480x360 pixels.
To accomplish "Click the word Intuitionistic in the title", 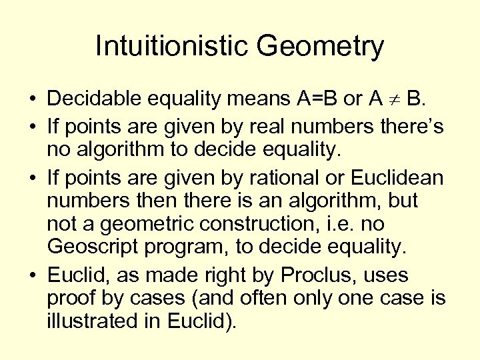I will tap(171, 47).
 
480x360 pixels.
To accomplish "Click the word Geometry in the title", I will tap(321, 47).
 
